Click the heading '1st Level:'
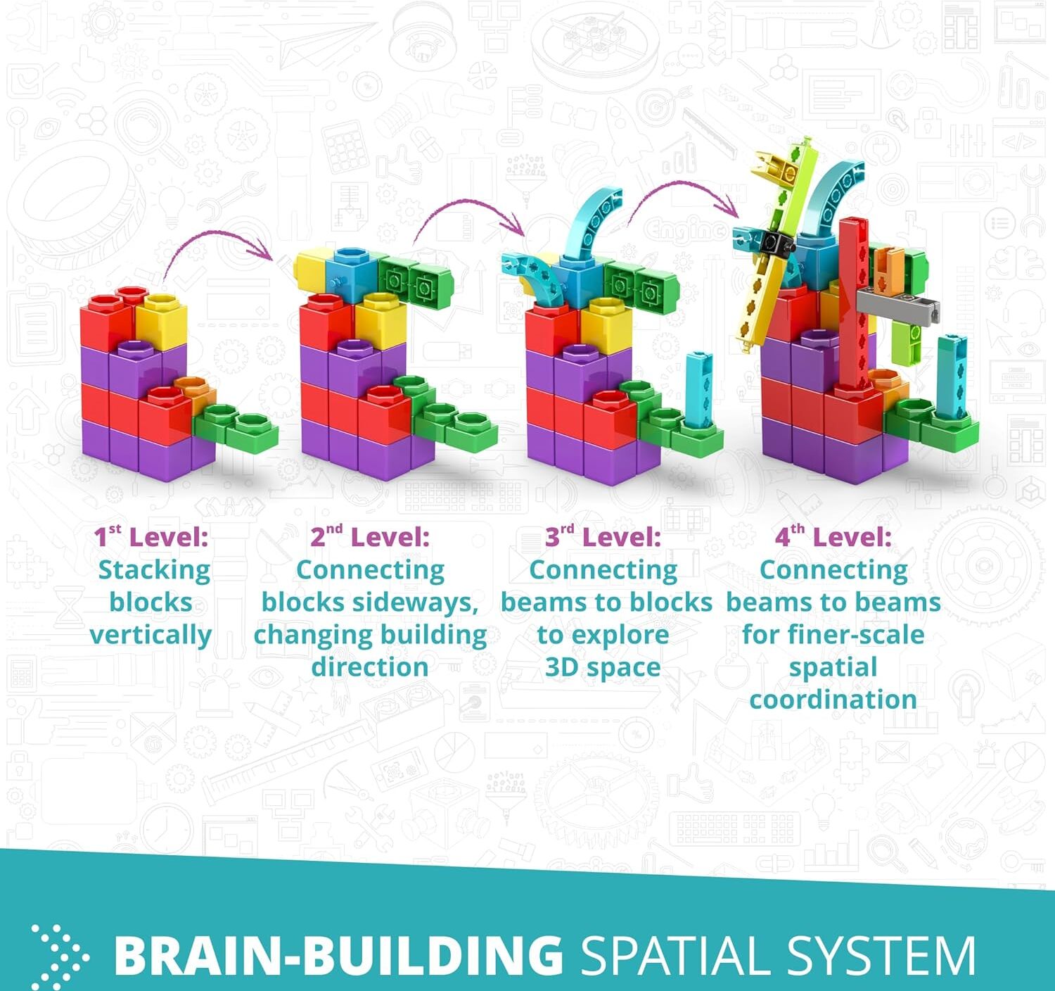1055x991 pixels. click(x=151, y=538)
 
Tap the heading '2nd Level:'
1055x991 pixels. click(x=370, y=538)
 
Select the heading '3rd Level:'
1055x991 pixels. click(x=603, y=538)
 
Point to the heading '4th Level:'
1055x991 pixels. click(x=833, y=538)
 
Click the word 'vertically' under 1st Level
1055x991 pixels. click(x=151, y=635)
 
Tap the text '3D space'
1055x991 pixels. click(x=603, y=667)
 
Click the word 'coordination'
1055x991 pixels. click(x=833, y=700)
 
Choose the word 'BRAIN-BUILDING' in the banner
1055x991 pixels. click(x=338, y=956)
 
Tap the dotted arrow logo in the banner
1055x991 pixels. click(x=60, y=956)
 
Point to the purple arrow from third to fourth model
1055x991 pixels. click(x=682, y=194)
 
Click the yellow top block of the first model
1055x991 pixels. click(x=162, y=320)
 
